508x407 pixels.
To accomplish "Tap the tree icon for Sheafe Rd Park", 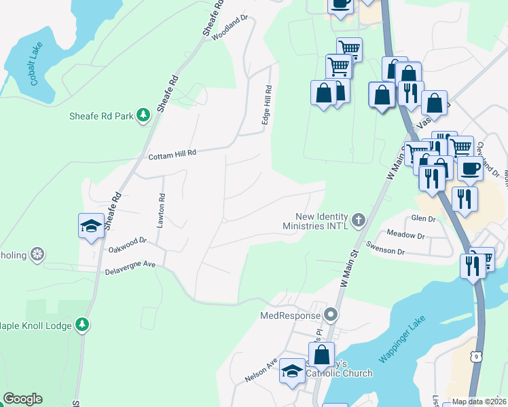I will click(143, 116).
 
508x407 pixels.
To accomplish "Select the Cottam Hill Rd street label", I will click(173, 154).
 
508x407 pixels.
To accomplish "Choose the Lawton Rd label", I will click(162, 212).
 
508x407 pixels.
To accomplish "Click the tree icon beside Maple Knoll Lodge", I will click(82, 326).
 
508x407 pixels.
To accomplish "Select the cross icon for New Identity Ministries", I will click(358, 220).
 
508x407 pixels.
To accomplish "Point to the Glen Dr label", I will click(423, 218).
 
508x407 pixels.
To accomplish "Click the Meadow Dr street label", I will click(405, 236).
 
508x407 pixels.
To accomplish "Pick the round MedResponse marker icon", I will click(330, 315).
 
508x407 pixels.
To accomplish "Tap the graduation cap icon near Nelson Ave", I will click(292, 371).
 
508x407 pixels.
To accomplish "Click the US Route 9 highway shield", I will click(478, 354).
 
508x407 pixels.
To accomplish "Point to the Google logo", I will click(22, 399).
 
